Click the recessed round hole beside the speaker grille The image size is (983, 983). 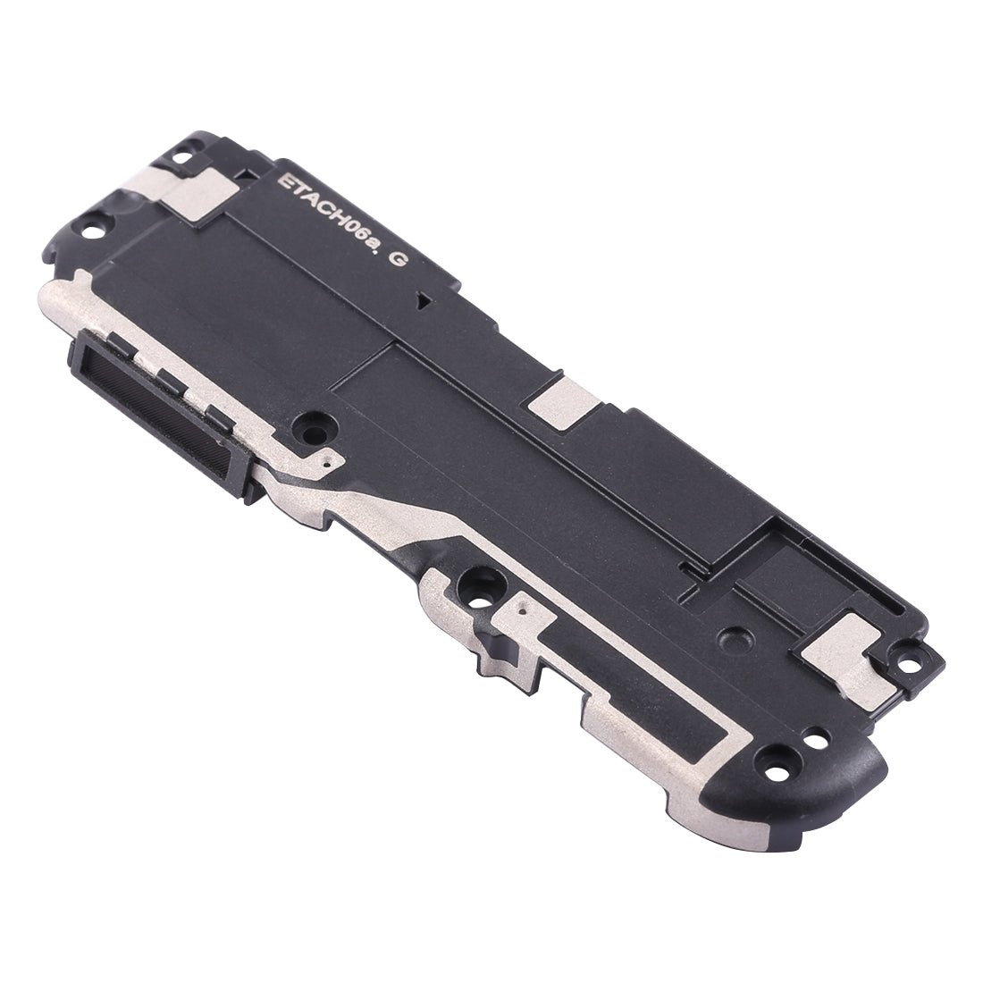pos(315,430)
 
